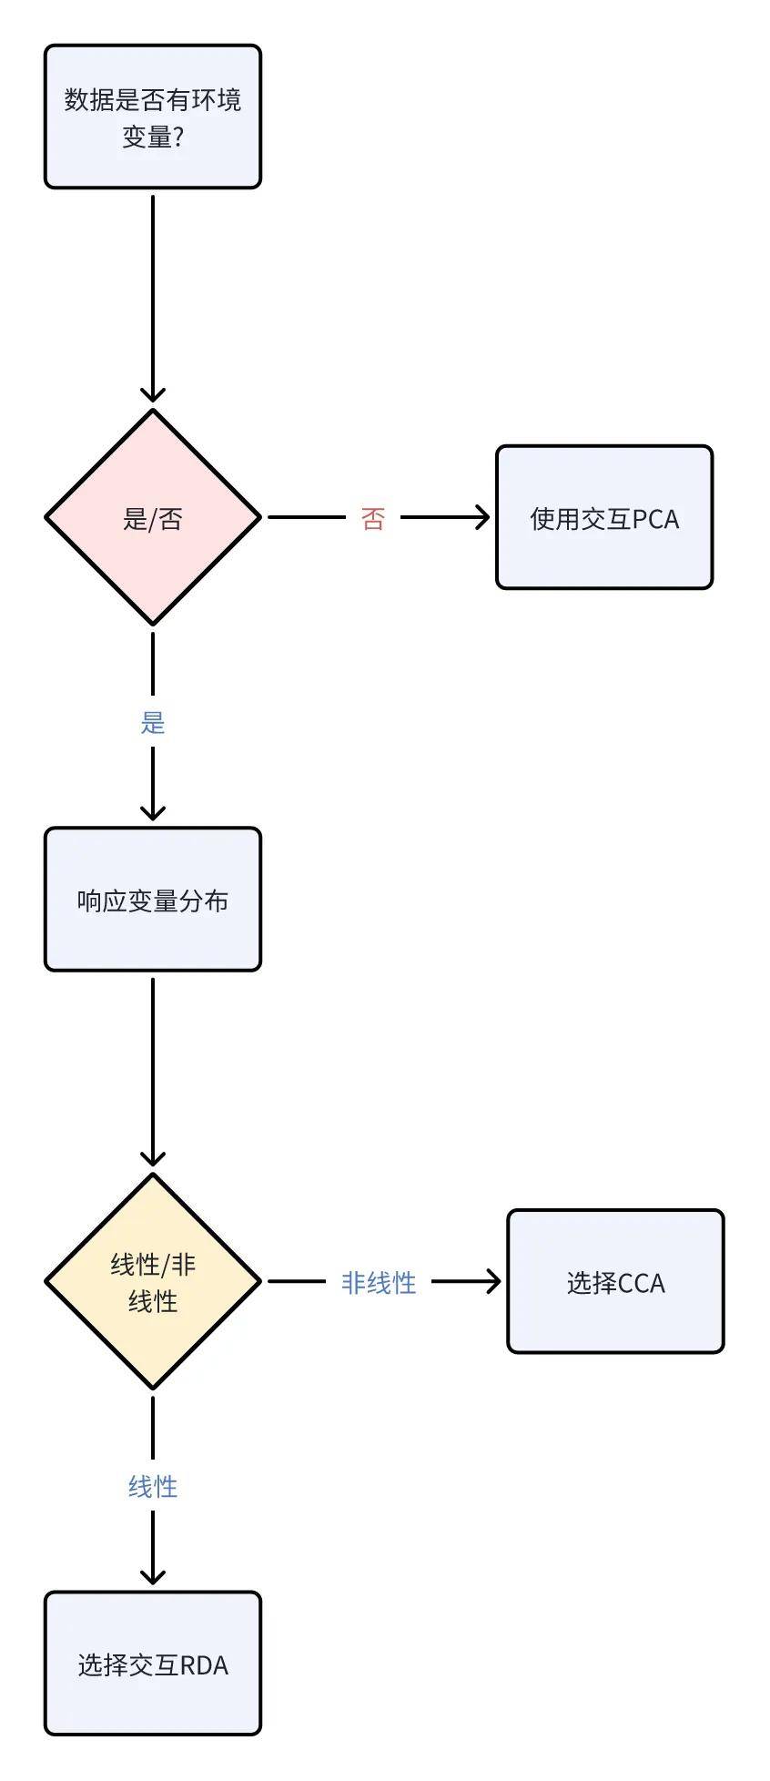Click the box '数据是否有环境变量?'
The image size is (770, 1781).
[x=153, y=117]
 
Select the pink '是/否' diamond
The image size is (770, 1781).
[x=153, y=517]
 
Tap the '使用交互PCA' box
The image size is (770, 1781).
[x=604, y=517]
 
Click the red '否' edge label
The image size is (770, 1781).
[x=373, y=519]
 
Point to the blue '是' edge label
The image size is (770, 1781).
[x=153, y=723]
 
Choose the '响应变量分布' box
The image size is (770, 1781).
[x=153, y=900]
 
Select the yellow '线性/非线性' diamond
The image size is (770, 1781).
[x=153, y=1281]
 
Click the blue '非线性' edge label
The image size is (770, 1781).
[x=379, y=1283]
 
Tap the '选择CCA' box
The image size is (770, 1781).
[x=615, y=1281]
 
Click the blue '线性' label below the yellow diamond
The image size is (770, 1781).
[x=153, y=1487]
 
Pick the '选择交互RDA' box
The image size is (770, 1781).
[x=153, y=1664]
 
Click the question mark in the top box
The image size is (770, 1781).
[x=178, y=137]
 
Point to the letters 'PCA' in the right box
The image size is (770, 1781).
[x=655, y=519]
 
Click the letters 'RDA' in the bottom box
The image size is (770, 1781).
[x=204, y=1665]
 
